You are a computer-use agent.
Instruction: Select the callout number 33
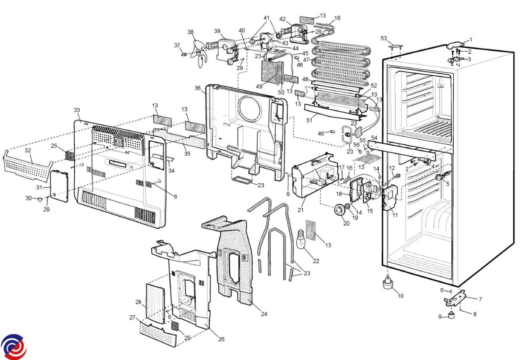tap(77, 110)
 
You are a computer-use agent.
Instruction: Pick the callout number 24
tap(264, 314)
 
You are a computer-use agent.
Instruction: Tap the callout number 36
tap(198, 88)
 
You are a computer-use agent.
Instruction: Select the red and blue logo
tap(13, 347)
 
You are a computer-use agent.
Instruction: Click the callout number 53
tap(384, 39)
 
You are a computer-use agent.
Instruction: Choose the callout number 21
tap(301, 210)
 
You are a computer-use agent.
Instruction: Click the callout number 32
tap(28, 150)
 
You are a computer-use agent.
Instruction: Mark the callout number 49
tap(259, 86)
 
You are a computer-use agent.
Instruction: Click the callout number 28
tap(138, 303)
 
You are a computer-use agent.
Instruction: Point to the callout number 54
tap(374, 138)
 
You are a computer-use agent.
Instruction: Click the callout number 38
tap(190, 32)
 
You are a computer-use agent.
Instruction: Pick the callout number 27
tap(132, 317)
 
